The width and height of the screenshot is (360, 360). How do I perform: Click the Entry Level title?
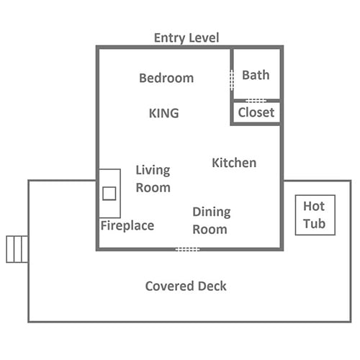tap(186, 38)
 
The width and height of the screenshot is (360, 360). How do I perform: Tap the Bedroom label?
tap(166, 78)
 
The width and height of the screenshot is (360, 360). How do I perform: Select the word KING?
tap(164, 113)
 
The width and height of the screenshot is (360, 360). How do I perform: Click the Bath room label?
tap(256, 75)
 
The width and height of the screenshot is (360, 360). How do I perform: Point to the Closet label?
tap(256, 112)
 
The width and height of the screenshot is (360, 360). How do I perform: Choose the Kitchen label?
tap(234, 163)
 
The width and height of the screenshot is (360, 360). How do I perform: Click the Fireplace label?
tap(127, 225)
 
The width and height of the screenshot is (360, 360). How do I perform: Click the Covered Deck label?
tap(186, 286)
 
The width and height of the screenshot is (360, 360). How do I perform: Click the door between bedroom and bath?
tap(232, 80)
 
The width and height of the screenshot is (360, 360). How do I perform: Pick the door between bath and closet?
tap(256, 101)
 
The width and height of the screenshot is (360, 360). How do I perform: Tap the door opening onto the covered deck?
tap(187, 249)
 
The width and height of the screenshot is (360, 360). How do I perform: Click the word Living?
tap(153, 171)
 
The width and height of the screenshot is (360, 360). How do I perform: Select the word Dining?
tap(212, 212)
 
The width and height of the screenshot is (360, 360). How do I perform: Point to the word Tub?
tap(314, 224)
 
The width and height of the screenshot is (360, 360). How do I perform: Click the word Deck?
tap(212, 286)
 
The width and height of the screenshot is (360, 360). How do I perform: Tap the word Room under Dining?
tap(210, 230)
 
